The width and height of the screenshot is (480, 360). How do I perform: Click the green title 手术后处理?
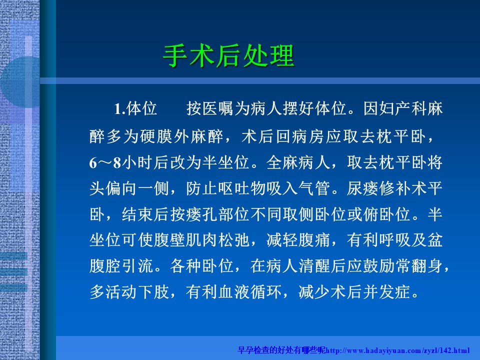coord(228,56)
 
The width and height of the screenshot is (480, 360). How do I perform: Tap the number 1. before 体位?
coord(119,108)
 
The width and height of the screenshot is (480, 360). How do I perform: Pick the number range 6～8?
coord(105,162)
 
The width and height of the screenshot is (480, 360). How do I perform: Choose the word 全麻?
coord(282,162)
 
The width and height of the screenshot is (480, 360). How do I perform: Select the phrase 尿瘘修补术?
coord(387,188)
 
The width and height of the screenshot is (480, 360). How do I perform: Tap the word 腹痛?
coord(314,239)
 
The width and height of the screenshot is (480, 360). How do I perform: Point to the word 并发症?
coord(387,291)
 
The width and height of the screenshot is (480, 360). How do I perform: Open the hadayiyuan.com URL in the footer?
coord(397,350)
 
